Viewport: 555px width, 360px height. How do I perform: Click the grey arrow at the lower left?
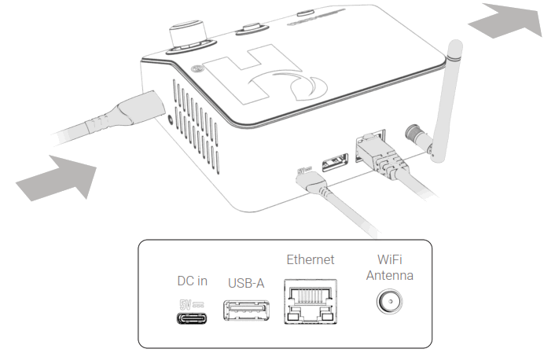(x=59, y=178)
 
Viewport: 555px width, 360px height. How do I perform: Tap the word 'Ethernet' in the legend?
(x=310, y=259)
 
